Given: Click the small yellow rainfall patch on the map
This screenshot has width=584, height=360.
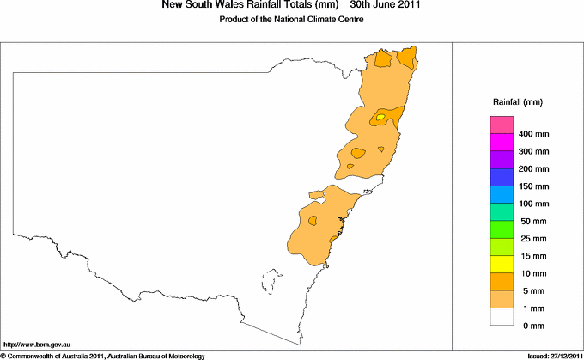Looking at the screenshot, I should coord(380,117).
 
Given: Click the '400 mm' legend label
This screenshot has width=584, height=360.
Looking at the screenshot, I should coord(534,134).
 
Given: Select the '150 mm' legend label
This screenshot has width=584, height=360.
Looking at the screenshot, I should coord(534,186).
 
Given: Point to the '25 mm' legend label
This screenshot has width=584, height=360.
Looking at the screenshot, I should coord(532,238).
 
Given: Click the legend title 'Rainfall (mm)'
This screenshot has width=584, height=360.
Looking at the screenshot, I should coord(517,102).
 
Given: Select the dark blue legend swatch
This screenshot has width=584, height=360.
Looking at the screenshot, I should coord(502,177).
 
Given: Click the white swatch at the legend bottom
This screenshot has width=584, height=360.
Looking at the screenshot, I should coord(502,316).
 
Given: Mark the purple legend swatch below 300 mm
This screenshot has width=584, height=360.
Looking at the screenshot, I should coord(502,160).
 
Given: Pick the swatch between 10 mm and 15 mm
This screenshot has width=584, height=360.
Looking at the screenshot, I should coord(502,264).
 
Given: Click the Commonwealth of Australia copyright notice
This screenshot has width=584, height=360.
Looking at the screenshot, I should coord(103,355).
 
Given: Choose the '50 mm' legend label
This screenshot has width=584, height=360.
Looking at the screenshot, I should coord(532,221).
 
